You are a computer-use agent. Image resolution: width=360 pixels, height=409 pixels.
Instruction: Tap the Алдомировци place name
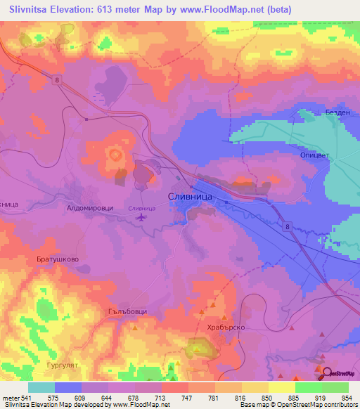(89, 209)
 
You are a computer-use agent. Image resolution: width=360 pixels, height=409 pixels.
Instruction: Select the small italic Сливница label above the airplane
(142, 208)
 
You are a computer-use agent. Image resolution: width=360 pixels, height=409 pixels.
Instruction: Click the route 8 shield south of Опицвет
(287, 226)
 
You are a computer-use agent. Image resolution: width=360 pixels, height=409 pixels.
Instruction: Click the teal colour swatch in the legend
(41, 387)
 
